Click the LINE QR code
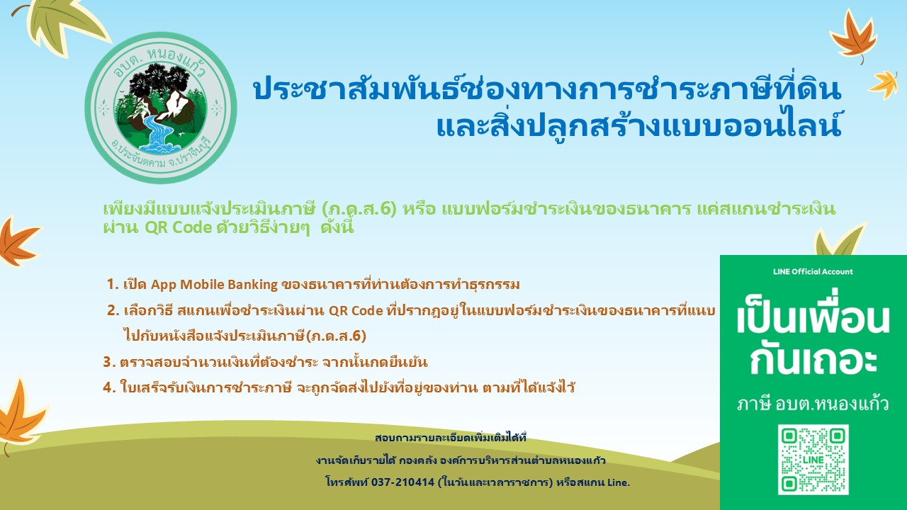click(x=813, y=460)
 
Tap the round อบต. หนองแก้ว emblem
click(x=161, y=108)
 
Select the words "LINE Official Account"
click(x=813, y=271)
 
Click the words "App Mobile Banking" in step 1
click(x=214, y=285)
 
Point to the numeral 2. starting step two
click(x=113, y=310)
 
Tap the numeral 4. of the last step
click(x=109, y=387)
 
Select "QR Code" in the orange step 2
click(x=356, y=311)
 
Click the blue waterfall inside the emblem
click(x=157, y=133)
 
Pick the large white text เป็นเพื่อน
click(x=813, y=319)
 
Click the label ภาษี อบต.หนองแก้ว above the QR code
click(x=813, y=404)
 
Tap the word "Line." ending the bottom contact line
click(x=619, y=482)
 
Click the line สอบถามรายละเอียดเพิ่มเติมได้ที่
click(x=450, y=438)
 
